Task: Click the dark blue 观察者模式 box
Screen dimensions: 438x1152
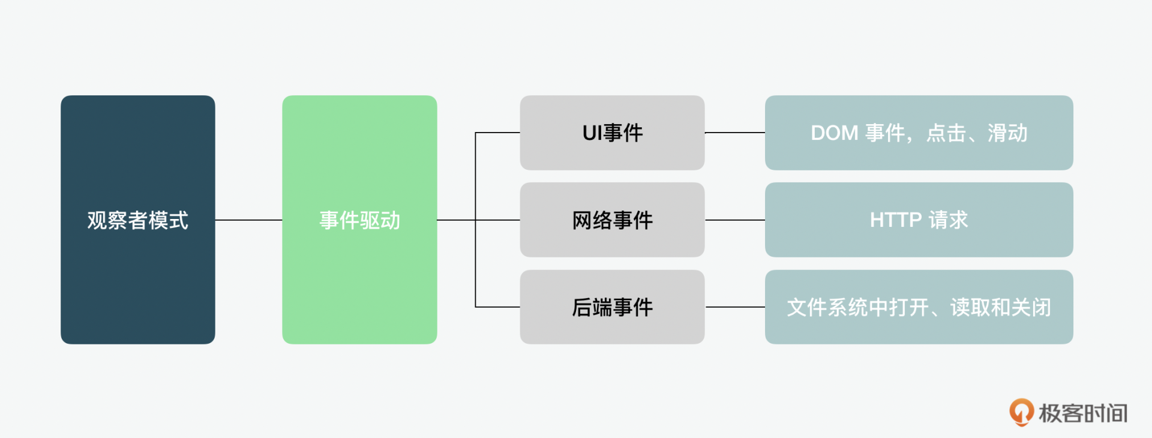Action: (x=137, y=220)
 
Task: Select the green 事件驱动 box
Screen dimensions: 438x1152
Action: (x=359, y=220)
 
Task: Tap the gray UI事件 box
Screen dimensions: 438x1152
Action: (x=612, y=133)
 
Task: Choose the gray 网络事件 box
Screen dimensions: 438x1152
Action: (x=612, y=220)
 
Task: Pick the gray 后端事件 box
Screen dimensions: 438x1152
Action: (x=612, y=307)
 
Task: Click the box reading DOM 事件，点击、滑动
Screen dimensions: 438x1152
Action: (x=919, y=133)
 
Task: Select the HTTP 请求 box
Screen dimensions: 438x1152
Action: (x=919, y=220)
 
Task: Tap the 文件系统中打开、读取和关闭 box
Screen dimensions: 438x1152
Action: (x=919, y=307)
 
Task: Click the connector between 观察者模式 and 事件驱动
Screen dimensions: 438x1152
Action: (x=248, y=220)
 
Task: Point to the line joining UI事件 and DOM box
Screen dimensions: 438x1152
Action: (x=734, y=133)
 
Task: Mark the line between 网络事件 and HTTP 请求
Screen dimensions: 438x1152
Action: (x=734, y=220)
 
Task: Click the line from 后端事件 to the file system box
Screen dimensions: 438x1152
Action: (x=734, y=307)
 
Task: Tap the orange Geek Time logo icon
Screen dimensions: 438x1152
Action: (x=1021, y=412)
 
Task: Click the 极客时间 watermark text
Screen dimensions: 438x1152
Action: (x=1083, y=413)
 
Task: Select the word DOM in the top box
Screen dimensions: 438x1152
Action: (x=834, y=133)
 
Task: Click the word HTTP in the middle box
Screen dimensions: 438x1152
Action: (x=895, y=220)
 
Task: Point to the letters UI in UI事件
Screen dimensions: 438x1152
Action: (x=592, y=133)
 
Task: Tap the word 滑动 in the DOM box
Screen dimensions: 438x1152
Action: (x=1007, y=133)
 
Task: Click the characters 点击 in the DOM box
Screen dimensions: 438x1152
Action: (x=946, y=133)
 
